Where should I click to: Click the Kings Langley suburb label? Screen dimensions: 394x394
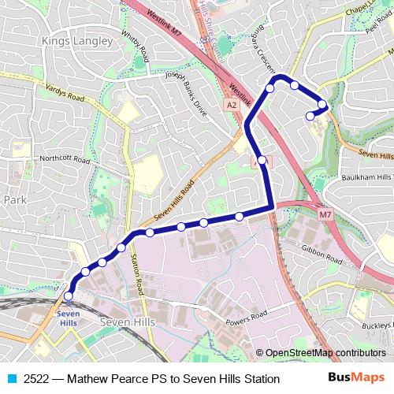point(80,40)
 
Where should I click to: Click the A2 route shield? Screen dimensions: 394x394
point(231,104)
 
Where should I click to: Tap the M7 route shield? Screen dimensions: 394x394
point(325,214)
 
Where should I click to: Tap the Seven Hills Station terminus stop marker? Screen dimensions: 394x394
point(68,296)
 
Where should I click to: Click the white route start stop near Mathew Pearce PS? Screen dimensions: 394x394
point(310,116)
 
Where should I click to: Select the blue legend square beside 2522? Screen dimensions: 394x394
point(12,379)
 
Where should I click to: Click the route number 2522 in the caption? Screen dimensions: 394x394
point(37,379)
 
